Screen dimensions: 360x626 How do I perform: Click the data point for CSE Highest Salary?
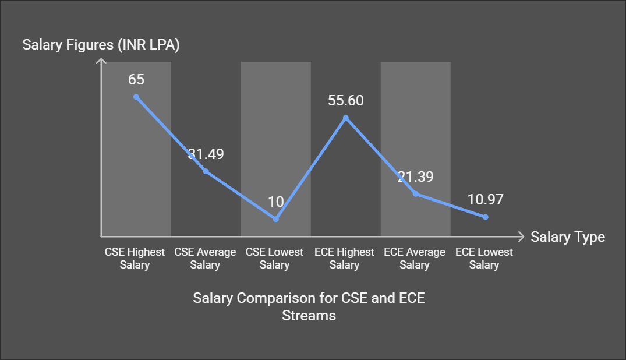(x=136, y=97)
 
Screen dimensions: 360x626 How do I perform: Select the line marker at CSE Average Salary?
(x=206, y=171)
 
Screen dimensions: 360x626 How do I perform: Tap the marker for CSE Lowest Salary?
(x=276, y=219)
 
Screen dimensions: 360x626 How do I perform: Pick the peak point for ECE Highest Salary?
(x=346, y=118)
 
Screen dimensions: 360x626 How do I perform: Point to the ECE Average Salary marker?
(x=416, y=193)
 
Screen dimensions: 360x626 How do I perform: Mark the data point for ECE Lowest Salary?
(x=485, y=217)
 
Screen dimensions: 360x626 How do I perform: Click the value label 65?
(x=136, y=79)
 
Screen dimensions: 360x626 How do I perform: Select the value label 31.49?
(x=206, y=154)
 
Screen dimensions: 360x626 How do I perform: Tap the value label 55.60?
(x=345, y=101)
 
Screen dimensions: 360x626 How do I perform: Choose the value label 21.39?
(x=415, y=177)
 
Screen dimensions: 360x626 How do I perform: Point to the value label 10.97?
(x=485, y=199)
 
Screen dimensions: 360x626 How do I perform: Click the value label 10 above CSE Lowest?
(x=275, y=202)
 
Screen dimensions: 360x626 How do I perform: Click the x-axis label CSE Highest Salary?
(x=135, y=259)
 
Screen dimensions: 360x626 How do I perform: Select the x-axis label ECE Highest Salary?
(x=345, y=259)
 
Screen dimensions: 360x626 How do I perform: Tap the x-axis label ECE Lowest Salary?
(x=484, y=259)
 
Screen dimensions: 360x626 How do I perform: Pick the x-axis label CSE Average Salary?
(x=205, y=259)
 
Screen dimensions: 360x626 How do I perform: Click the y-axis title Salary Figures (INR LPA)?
(x=101, y=45)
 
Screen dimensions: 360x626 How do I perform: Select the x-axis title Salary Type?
(x=568, y=237)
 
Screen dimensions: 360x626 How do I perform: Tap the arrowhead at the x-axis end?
(x=521, y=237)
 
